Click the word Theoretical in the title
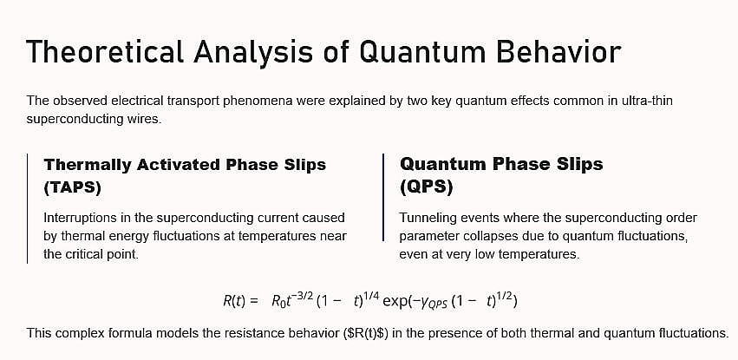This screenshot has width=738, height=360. [104, 51]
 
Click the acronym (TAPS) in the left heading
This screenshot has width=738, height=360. [73, 187]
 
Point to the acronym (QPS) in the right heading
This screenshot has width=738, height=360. [427, 187]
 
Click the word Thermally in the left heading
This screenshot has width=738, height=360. [87, 165]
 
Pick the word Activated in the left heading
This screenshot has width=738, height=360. [179, 164]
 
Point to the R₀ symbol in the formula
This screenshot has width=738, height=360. [278, 301]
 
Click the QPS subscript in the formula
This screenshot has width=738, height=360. [439, 304]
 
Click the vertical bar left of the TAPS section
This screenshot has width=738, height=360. [27, 208]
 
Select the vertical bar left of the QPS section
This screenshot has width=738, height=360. [383, 197]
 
